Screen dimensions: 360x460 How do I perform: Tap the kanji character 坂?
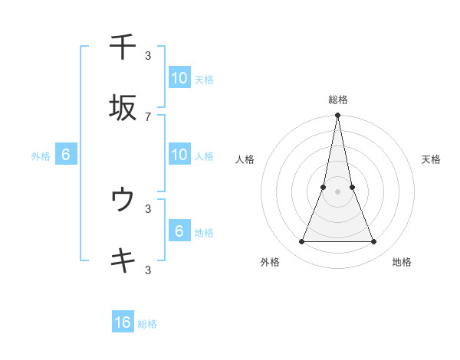(x=123, y=107)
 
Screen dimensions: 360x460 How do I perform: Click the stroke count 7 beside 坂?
(x=148, y=116)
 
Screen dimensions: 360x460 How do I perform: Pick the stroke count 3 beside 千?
(x=148, y=55)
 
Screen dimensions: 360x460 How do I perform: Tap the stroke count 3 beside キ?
(x=148, y=270)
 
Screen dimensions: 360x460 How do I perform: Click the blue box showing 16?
(x=123, y=322)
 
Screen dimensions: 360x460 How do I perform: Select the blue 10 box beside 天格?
(x=179, y=78)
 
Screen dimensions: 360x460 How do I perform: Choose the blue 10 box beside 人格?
(x=179, y=155)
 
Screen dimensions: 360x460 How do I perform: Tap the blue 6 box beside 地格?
(x=179, y=231)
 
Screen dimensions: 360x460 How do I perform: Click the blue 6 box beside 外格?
(x=66, y=155)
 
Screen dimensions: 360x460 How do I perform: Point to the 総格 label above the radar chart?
(x=338, y=100)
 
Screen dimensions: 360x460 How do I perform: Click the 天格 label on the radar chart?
(x=431, y=159)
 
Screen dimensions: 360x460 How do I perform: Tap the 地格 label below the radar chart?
(x=402, y=262)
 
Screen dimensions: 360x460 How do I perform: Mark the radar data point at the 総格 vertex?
(x=338, y=116)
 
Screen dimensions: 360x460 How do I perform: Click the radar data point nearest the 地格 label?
(x=374, y=242)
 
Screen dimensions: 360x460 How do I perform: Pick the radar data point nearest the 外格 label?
(x=301, y=242)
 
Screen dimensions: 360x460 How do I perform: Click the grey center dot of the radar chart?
(x=338, y=191)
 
